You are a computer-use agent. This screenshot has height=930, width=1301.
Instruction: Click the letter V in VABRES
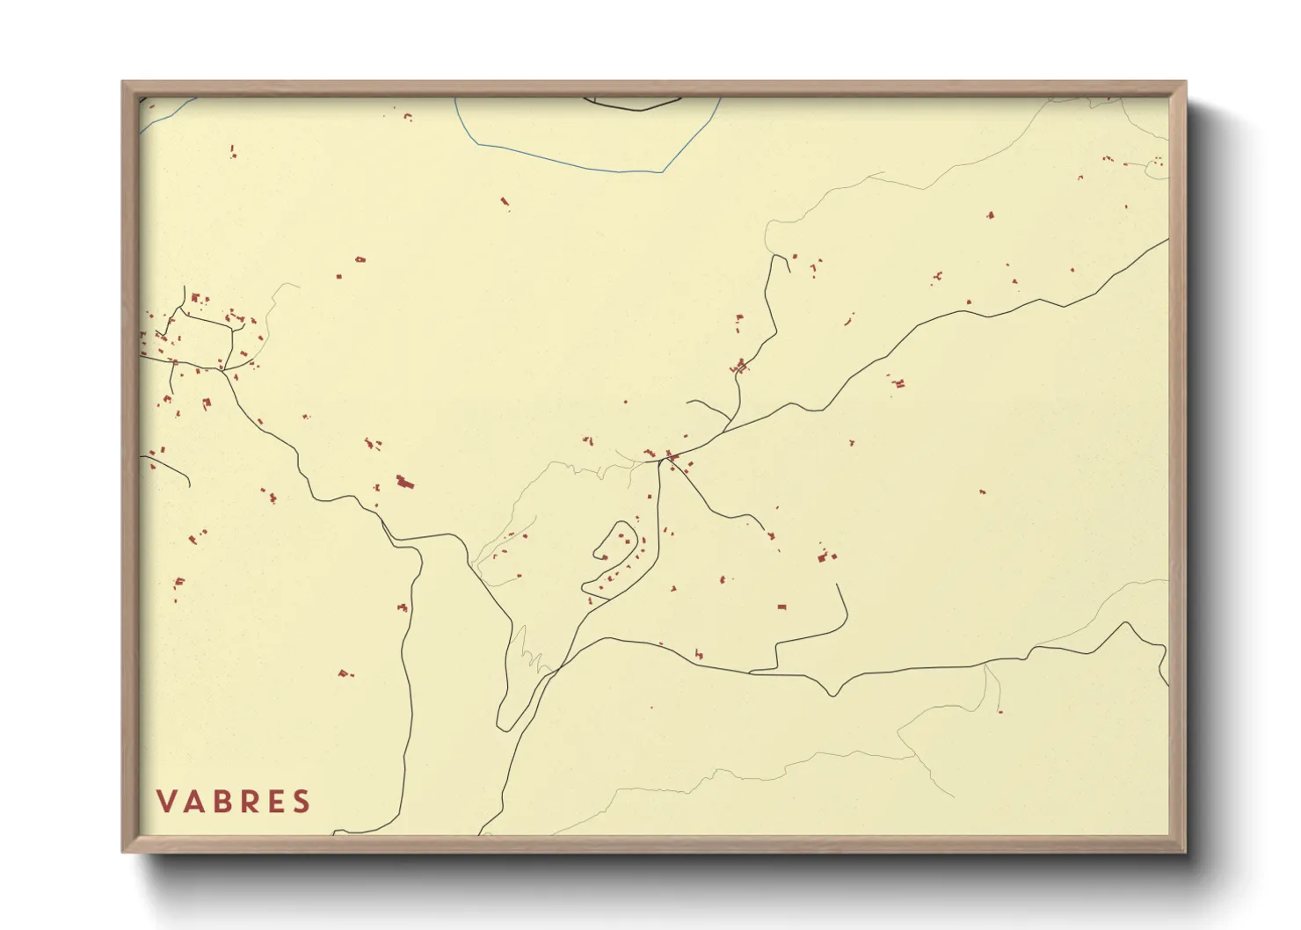164,802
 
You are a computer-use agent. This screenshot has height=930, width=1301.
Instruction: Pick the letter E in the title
277,802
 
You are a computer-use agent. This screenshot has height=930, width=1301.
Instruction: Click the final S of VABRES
302,802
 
